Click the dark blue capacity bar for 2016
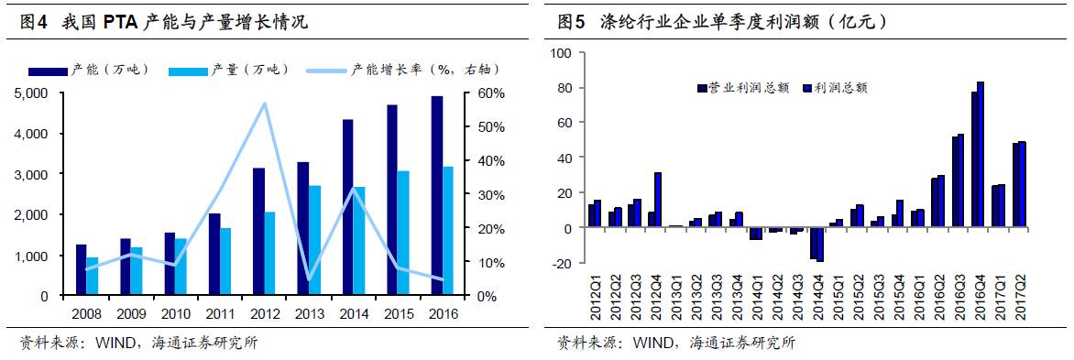point(437,196)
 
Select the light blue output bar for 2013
point(315,241)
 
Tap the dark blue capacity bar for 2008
point(81,270)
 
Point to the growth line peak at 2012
point(265,104)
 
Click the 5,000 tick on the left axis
point(34,93)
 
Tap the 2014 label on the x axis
point(347,313)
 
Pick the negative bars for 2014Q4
point(816,244)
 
